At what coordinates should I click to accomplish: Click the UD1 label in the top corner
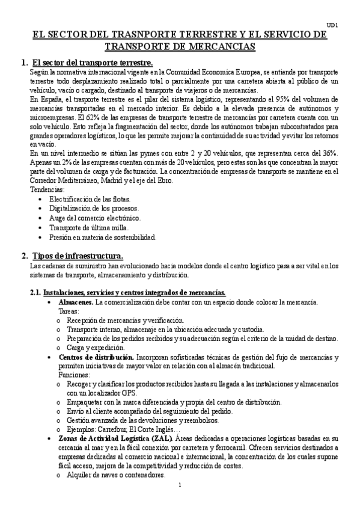[x=338, y=25]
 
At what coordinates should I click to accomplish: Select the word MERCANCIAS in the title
[x=221, y=46]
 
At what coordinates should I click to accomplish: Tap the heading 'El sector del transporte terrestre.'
[x=93, y=63]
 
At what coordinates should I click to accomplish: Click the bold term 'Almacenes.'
[x=76, y=301]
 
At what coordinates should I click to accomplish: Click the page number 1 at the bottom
[x=180, y=485]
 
